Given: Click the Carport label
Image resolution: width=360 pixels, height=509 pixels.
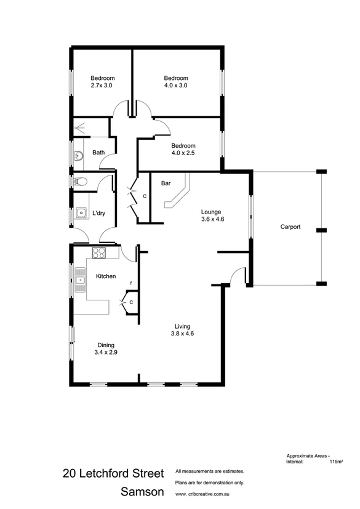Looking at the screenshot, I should click(x=290, y=227).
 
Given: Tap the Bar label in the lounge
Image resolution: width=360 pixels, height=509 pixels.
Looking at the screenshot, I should click(x=166, y=183).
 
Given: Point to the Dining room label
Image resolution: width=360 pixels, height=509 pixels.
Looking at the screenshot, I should click(x=105, y=345).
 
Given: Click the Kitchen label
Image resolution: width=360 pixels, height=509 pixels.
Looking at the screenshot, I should click(x=106, y=277).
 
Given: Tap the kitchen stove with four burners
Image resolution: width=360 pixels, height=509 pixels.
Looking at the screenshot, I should click(x=99, y=252).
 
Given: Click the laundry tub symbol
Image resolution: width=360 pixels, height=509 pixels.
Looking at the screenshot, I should click(x=81, y=214).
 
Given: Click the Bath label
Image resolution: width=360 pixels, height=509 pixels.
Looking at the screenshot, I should click(x=98, y=152).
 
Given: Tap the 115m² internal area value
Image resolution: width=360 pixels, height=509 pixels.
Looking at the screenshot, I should click(x=336, y=461).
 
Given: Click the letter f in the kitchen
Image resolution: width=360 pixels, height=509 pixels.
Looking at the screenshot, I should click(x=130, y=284).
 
